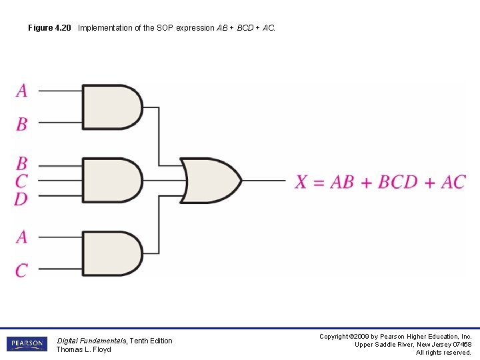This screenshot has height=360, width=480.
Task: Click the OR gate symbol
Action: point(210,180)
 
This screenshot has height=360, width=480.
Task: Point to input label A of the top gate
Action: point(22,90)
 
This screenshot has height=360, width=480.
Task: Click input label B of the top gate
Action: point(22,123)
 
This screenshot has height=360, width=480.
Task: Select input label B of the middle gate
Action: point(22,163)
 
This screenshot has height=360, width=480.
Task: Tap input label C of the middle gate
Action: point(22,181)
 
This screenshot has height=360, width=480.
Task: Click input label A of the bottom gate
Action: point(22,237)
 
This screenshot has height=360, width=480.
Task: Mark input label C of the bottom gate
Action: point(22,270)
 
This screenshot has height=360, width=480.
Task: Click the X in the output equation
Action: point(302,181)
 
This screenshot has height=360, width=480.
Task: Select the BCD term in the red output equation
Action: point(397,181)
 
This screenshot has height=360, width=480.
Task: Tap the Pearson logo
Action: point(27,344)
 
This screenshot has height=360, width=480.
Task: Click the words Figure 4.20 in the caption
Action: point(49,28)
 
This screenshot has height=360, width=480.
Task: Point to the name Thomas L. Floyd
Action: point(83,349)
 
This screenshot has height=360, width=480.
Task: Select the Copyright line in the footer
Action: point(395,337)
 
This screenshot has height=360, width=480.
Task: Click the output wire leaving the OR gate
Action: point(263,180)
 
